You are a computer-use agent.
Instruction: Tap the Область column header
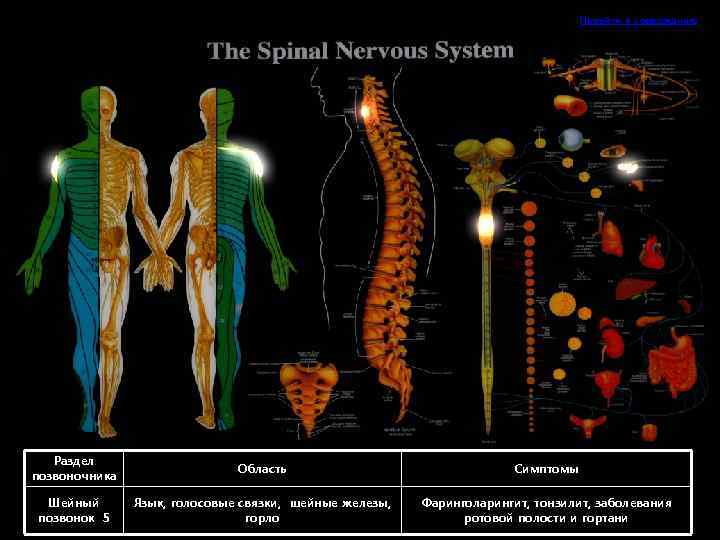(262, 469)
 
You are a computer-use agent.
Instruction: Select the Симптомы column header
(546, 469)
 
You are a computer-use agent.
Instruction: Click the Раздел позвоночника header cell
(74, 469)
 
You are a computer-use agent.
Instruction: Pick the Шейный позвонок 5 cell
(74, 510)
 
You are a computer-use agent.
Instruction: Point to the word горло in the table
(262, 518)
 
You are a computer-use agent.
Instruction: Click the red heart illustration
(651, 248)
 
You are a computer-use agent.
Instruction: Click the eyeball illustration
(572, 139)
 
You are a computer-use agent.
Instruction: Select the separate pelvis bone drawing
(306, 386)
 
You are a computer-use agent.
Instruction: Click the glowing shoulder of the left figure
(54, 166)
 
